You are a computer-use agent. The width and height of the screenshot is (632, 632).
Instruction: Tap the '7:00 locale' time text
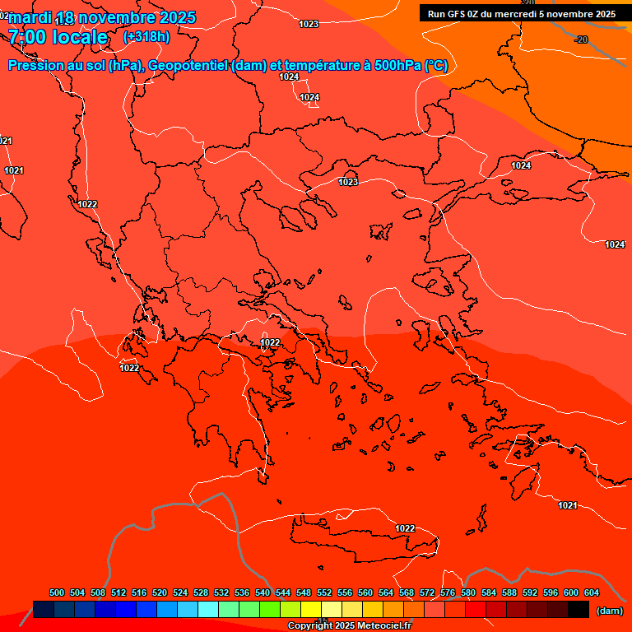tap(58, 38)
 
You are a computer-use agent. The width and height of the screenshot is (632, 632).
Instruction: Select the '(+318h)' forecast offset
tap(146, 37)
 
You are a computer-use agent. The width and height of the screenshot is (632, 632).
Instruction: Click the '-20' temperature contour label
tap(581, 39)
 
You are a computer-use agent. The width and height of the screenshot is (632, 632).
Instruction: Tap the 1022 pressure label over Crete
tap(405, 528)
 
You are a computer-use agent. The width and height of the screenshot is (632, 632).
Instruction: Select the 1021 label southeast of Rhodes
tap(567, 505)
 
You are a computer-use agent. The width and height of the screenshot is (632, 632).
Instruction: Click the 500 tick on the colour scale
tap(57, 592)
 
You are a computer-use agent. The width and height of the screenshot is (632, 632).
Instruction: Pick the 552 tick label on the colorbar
tap(324, 592)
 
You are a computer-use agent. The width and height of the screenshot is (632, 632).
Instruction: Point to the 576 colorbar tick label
tap(448, 592)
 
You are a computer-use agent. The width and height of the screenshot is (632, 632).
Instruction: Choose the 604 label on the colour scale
tap(592, 592)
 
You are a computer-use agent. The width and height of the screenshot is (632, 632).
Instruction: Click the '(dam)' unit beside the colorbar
tap(609, 611)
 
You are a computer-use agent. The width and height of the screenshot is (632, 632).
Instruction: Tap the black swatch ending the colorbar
tap(579, 609)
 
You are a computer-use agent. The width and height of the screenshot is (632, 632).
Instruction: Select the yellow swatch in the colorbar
tap(311, 609)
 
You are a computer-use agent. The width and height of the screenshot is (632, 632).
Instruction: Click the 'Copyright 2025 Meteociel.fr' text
tap(349, 626)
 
